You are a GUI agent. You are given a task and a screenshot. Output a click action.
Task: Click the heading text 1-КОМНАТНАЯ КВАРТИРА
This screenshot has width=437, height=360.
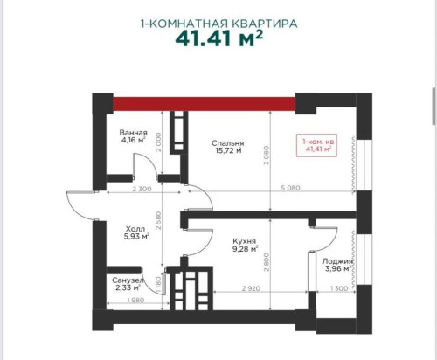[x=218, y=24]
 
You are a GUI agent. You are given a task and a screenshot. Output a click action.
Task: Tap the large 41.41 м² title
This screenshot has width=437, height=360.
[x=218, y=40]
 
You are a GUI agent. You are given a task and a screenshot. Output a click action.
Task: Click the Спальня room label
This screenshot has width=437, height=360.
[x=228, y=143]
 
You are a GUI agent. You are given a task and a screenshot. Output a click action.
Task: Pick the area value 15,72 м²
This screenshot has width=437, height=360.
[x=228, y=152]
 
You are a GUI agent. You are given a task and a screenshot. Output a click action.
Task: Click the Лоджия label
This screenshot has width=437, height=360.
[x=336, y=260]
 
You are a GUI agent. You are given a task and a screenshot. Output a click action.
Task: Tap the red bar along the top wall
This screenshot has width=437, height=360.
[x=205, y=103]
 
